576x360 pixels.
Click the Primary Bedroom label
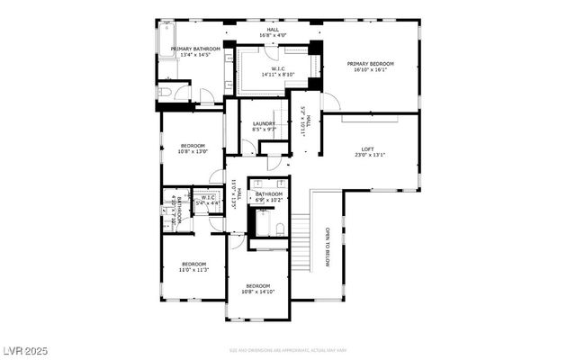[370, 64]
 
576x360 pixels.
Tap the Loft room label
[367, 149]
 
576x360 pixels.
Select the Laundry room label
[264, 123]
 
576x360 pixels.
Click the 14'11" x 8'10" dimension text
[278, 76]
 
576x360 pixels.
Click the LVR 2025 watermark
[24, 347]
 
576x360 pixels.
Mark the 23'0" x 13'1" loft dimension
[367, 155]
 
